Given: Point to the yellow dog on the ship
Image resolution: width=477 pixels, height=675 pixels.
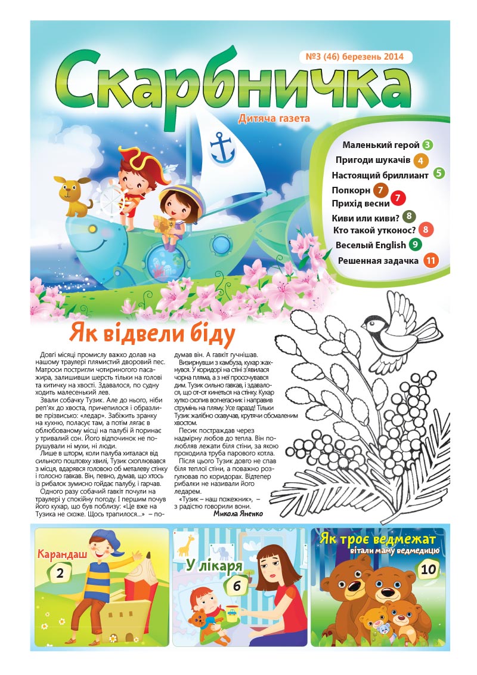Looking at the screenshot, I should [x=73, y=194].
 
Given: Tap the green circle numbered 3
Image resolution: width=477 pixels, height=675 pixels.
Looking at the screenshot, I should [x=428, y=144].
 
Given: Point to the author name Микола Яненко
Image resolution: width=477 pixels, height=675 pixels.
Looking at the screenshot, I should [x=237, y=512].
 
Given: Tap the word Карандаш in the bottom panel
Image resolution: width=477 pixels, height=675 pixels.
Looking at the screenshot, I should [x=62, y=554].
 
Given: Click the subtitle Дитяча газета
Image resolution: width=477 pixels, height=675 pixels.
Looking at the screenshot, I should [x=274, y=119].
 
